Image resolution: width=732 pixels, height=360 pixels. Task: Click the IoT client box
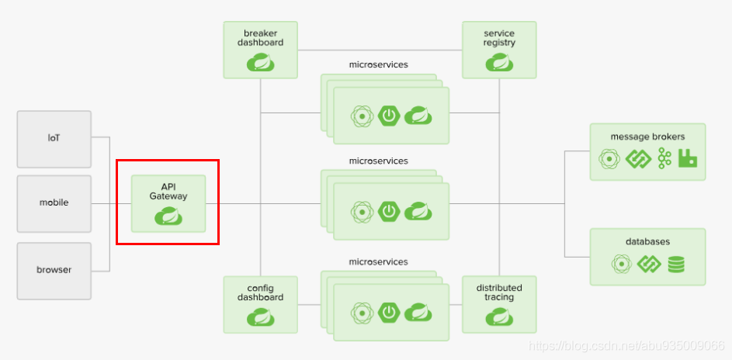click(54, 139)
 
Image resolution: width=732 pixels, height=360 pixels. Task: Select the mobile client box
click(54, 204)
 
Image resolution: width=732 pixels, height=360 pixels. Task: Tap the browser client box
click(54, 271)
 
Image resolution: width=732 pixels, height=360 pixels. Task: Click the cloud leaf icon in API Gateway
click(168, 216)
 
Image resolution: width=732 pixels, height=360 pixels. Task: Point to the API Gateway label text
click(168, 192)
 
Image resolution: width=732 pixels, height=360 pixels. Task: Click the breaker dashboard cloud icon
click(261, 63)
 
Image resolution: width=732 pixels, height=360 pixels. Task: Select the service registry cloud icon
click(500, 63)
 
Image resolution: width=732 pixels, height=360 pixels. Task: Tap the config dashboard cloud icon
click(261, 317)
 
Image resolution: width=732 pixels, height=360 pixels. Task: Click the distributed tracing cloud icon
click(500, 317)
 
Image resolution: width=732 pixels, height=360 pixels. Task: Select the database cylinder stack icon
click(676, 265)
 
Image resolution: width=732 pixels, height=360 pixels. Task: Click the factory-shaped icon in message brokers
click(687, 158)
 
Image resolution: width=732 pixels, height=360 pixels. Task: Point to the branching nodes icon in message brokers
click(664, 158)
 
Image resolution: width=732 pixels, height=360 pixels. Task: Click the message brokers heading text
click(647, 137)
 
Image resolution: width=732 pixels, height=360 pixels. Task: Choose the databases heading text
click(647, 241)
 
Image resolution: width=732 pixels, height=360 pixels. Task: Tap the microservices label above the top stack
click(379, 65)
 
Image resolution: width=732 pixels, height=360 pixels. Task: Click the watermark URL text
click(626, 345)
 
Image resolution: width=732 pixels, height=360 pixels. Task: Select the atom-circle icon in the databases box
click(623, 265)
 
